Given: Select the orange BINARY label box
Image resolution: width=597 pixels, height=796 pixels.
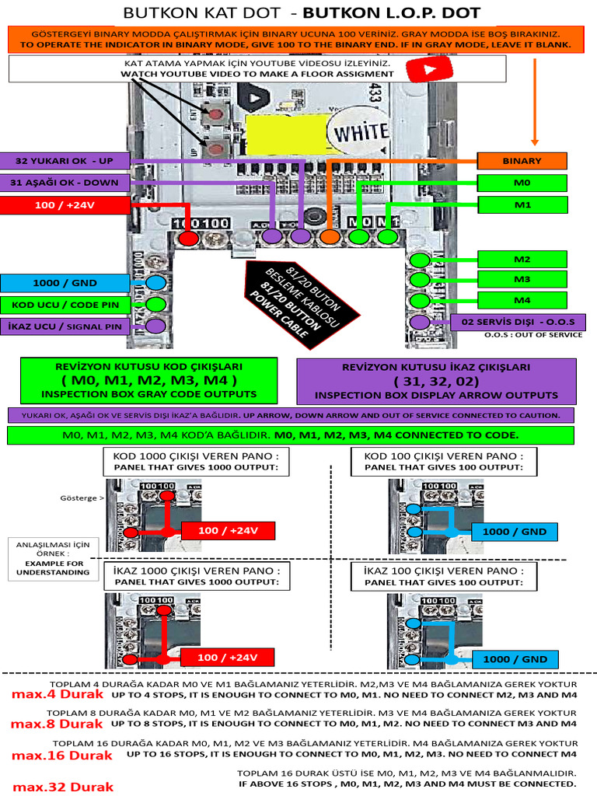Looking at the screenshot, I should (x=522, y=161).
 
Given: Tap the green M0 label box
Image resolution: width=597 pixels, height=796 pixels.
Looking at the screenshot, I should (x=522, y=183).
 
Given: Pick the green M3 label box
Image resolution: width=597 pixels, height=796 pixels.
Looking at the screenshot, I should (x=522, y=279).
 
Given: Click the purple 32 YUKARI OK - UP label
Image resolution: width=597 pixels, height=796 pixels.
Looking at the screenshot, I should (x=65, y=160).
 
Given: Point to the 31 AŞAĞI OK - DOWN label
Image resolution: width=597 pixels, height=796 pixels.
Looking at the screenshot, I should (x=65, y=183).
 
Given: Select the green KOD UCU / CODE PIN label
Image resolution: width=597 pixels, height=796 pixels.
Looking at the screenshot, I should (x=65, y=304).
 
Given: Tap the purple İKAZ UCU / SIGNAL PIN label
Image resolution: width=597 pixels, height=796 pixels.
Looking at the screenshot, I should (x=65, y=326).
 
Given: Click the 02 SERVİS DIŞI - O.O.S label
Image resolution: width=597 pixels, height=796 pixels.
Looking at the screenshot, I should (x=518, y=322).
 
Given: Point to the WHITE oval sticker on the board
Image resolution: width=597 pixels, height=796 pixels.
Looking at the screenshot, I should (x=360, y=132).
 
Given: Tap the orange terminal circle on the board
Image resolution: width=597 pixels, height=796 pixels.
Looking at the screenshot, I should (x=329, y=236).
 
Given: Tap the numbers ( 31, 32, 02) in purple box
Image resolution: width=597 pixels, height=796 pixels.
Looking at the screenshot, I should (x=436, y=381).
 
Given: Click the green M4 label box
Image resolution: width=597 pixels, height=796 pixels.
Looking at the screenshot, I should (x=522, y=300).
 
